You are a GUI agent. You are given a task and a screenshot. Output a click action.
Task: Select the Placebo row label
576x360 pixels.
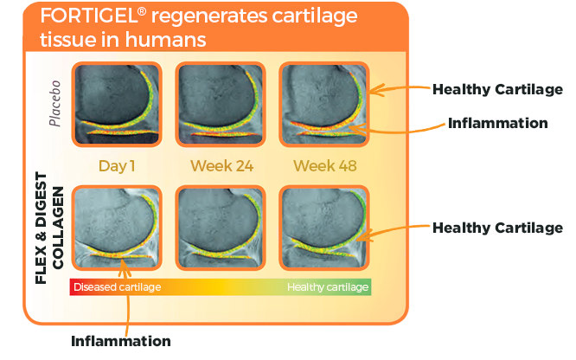click(54, 103)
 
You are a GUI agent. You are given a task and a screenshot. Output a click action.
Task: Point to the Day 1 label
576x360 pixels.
click(117, 165)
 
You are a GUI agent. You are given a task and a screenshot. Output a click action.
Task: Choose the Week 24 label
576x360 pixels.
click(221, 165)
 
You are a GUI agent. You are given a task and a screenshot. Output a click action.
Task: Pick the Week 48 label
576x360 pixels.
click(324, 165)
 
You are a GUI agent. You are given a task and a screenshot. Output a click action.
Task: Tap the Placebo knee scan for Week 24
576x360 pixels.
click(221, 103)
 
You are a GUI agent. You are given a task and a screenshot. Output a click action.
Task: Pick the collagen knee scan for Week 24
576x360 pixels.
click(221, 228)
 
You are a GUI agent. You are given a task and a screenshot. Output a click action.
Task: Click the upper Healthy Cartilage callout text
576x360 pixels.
click(497, 89)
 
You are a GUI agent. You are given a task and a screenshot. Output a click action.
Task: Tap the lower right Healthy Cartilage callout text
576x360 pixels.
click(497, 228)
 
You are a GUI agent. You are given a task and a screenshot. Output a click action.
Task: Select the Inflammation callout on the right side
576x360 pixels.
click(497, 123)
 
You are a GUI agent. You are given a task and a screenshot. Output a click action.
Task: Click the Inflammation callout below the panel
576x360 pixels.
click(120, 340)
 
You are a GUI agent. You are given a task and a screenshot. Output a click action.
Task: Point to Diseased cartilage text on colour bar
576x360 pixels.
click(116, 286)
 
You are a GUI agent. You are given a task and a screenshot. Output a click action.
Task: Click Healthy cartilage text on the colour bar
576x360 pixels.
click(328, 286)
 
